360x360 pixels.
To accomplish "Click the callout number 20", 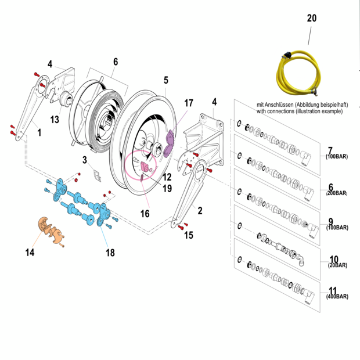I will pyautogui.click(x=312, y=19).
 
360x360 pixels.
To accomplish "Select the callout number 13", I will pyautogui.click(x=55, y=120).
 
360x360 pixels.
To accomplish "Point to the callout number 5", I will pyautogui.click(x=165, y=80).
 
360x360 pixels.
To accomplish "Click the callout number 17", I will pyautogui.click(x=188, y=103).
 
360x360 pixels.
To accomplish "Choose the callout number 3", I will pyautogui.click(x=84, y=160).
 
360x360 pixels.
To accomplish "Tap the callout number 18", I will pyautogui.click(x=110, y=253).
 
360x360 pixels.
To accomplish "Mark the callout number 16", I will pyautogui.click(x=145, y=213).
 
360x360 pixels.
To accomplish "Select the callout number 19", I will pyautogui.click(x=167, y=188).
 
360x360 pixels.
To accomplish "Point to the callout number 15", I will pyautogui.click(x=189, y=235).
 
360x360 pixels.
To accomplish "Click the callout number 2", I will pyautogui.click(x=201, y=211).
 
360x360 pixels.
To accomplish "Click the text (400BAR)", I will pyautogui.click(x=337, y=297).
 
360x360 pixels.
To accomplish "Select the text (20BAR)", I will pyautogui.click(x=337, y=265).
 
